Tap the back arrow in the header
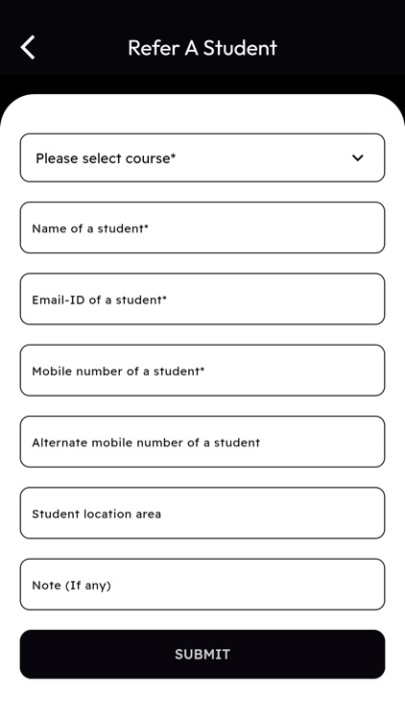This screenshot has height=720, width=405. click(28, 47)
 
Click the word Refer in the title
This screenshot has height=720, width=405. click(153, 48)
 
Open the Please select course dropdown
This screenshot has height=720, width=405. click(192, 158)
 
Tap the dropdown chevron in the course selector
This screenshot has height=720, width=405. click(358, 158)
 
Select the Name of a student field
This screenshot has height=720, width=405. click(202, 228)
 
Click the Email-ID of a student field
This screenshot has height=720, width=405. click(202, 300)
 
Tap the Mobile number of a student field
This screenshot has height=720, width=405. click(202, 371)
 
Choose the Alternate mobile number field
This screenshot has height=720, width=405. click(202, 443)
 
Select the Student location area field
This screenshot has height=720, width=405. click(202, 514)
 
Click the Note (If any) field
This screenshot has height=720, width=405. click(202, 585)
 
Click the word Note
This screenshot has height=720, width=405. click(46, 585)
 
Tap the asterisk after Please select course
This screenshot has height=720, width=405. click(174, 156)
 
